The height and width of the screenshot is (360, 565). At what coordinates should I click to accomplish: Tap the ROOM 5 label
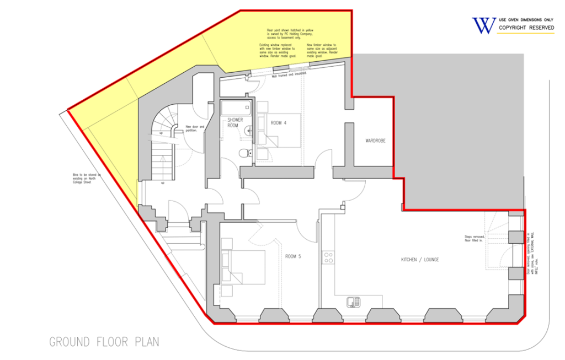(292, 256)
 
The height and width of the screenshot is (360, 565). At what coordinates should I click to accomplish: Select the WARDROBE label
(375, 141)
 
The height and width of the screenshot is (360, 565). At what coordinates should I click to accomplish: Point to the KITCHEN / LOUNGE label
(420, 259)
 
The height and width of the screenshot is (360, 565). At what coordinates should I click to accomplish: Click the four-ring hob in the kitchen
(328, 257)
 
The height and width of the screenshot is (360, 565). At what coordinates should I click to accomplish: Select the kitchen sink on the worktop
(353, 302)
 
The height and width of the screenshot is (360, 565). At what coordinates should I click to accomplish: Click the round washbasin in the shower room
(249, 131)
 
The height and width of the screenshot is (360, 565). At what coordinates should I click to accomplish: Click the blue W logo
(483, 25)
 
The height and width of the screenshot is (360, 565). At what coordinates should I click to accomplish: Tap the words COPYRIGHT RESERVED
(525, 28)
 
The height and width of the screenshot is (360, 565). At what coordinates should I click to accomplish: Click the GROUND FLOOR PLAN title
(104, 342)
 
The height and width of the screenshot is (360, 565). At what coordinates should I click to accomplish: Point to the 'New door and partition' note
(194, 128)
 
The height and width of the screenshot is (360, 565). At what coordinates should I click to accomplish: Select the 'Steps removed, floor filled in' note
(473, 239)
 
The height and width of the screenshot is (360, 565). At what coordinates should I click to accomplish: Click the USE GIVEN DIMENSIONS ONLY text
(526, 19)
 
